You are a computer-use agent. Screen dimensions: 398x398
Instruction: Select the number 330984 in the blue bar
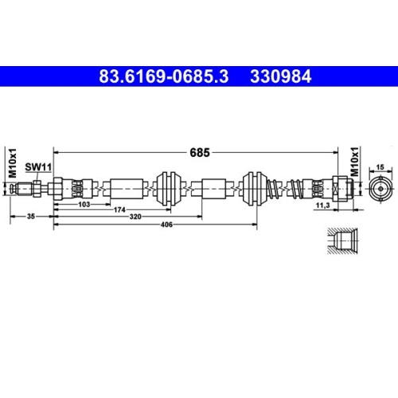click(x=279, y=78)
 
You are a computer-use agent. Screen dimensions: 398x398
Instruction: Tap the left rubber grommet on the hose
click(x=169, y=189)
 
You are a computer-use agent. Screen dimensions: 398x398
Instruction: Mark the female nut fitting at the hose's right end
click(x=341, y=189)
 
